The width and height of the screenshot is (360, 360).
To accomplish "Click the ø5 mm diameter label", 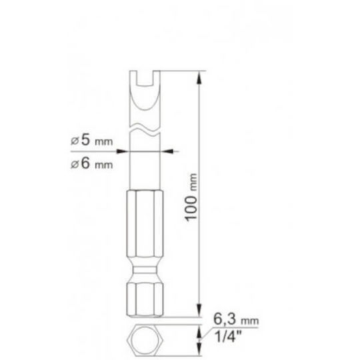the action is pyautogui.click(x=92, y=140).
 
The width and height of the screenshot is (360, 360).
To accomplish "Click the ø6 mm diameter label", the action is pyautogui.click(x=92, y=163).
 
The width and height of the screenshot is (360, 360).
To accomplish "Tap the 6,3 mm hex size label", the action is pyautogui.click(x=236, y=319).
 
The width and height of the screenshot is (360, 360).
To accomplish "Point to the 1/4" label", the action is pyautogui.click(x=228, y=336).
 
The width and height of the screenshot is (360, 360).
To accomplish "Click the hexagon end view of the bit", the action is pyautogui.click(x=145, y=340).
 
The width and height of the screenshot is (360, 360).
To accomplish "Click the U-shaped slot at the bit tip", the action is pyautogui.click(x=145, y=78).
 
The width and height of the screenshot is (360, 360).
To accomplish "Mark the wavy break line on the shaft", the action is pyautogui.click(x=145, y=129).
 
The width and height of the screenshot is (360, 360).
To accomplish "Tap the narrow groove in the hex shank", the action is pyautogui.click(x=145, y=270).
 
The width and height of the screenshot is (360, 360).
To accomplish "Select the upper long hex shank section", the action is pyautogui.click(x=145, y=224).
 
